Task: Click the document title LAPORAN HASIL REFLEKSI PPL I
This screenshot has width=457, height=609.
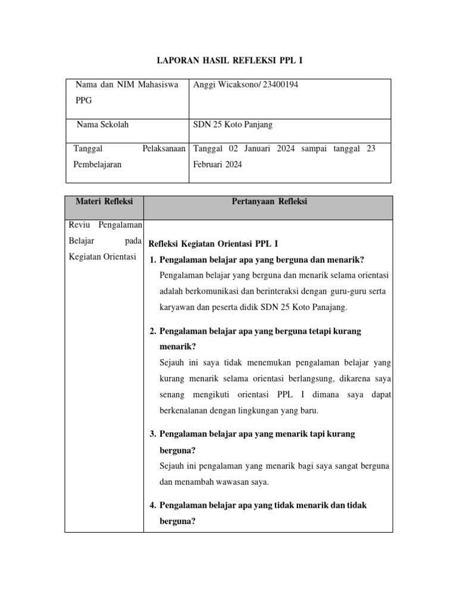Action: click(x=229, y=61)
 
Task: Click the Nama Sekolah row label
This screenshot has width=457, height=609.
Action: click(x=103, y=125)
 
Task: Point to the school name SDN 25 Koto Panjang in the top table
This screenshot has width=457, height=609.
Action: click(x=233, y=125)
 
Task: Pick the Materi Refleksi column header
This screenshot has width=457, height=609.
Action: click(x=104, y=202)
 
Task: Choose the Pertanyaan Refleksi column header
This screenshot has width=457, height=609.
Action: click(x=268, y=202)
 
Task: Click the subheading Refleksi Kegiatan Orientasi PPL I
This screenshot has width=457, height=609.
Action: click(x=213, y=244)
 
